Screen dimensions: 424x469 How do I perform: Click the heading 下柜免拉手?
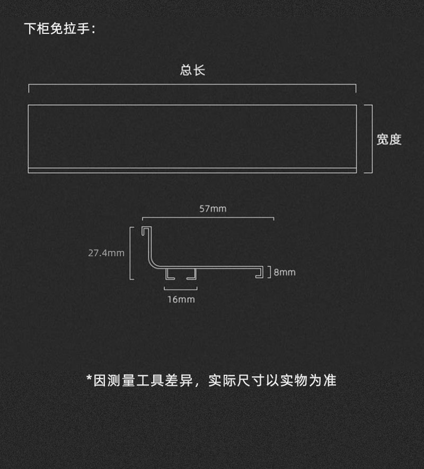pyautogui.click(x=59, y=29)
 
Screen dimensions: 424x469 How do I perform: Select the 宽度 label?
pyautogui.click(x=389, y=139)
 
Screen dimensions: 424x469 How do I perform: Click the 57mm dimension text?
pyautogui.click(x=213, y=209)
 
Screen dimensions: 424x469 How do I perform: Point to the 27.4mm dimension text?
pyautogui.click(x=106, y=253)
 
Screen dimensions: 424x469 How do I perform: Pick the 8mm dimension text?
pyautogui.click(x=285, y=273)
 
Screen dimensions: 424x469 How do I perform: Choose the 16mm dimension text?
pyautogui.click(x=181, y=300)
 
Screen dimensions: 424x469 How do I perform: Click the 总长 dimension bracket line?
pyautogui.click(x=192, y=85)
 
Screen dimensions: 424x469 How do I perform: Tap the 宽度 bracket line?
pyautogui.click(x=372, y=139)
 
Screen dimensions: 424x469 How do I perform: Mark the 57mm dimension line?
pyautogui.click(x=208, y=217)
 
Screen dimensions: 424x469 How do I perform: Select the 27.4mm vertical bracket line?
pyautogui.click(x=131, y=253)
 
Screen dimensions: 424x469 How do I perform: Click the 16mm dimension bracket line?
pyautogui.click(x=181, y=289)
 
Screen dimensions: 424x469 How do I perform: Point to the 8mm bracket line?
pyautogui.click(x=270, y=272)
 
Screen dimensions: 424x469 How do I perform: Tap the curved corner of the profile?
pyautogui.click(x=154, y=263)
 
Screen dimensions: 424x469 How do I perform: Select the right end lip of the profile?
pyautogui.click(x=260, y=272)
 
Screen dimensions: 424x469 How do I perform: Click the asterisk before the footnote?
pyautogui.click(x=89, y=379)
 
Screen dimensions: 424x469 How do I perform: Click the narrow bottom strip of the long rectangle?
pyautogui.click(x=192, y=170)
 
